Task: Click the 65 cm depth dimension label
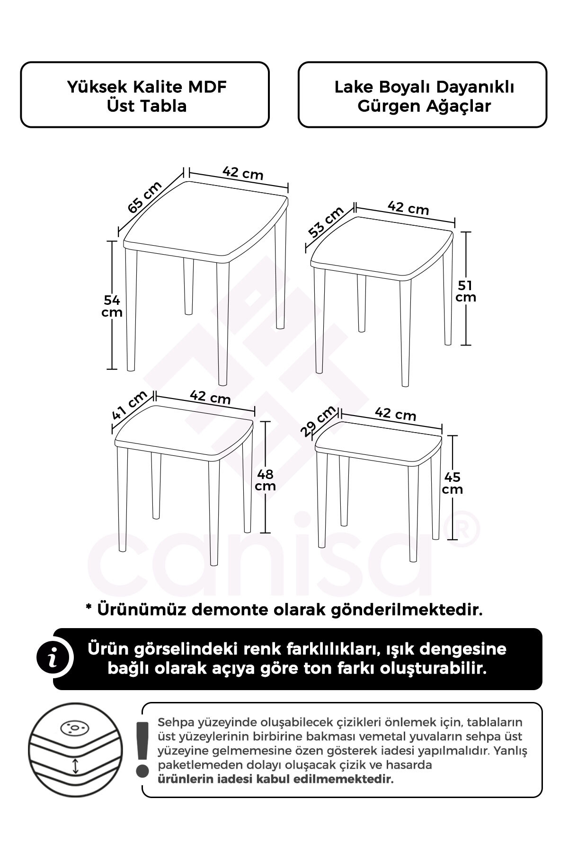coord(145,198)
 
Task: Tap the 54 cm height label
coord(113,306)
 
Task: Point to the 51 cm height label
coord(466,291)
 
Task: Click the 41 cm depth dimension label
coord(130,406)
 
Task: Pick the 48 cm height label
coord(265,479)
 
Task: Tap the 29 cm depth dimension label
coord(318,421)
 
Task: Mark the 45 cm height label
coord(453,483)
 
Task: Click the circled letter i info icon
coord(55,659)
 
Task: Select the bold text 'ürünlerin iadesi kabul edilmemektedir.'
coord(276,779)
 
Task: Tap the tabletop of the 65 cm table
coord(205,222)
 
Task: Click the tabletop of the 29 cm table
coord(378,440)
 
